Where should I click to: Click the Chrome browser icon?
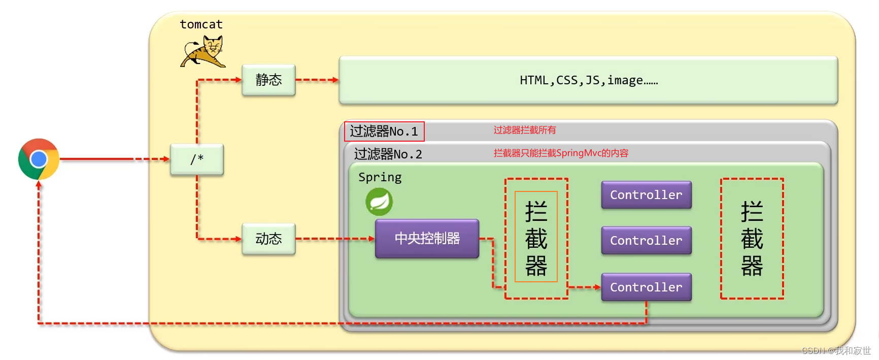click(39, 159)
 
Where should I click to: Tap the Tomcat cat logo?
click(204, 51)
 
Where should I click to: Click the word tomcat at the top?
click(201, 24)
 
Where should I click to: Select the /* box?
click(197, 159)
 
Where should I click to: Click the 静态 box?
click(268, 80)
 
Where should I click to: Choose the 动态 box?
click(268, 239)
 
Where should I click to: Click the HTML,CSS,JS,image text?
click(588, 80)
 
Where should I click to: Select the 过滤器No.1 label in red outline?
click(384, 132)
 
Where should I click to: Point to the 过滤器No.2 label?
click(388, 154)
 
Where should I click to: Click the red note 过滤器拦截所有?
click(524, 130)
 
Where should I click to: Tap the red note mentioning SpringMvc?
click(561, 153)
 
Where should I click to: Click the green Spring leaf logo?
click(379, 202)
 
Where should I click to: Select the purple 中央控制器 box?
click(427, 238)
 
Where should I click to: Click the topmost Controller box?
click(646, 195)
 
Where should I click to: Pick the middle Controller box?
click(646, 240)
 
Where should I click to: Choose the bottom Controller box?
click(646, 287)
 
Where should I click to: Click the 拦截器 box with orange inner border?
click(536, 238)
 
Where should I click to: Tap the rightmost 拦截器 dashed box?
click(752, 238)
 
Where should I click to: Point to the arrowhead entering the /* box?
click(166, 159)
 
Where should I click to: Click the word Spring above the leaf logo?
click(380, 177)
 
